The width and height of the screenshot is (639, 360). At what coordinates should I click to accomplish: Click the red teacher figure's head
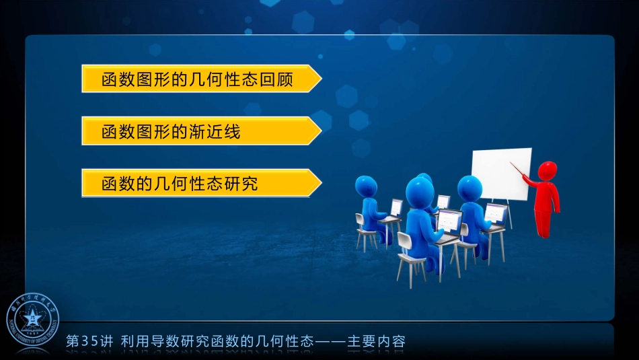548,172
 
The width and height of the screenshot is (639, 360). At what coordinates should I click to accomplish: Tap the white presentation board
500,174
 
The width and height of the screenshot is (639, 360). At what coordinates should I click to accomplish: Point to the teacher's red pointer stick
521,170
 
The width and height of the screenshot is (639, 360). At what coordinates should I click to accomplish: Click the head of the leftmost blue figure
366,186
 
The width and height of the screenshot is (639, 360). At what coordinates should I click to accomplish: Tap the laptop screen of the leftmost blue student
397,207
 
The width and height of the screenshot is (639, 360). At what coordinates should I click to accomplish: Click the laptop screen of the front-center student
449,221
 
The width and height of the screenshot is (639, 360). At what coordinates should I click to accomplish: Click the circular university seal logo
33,321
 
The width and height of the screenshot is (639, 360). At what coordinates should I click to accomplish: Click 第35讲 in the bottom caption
90,341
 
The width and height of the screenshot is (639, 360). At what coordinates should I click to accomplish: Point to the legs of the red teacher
543,222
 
